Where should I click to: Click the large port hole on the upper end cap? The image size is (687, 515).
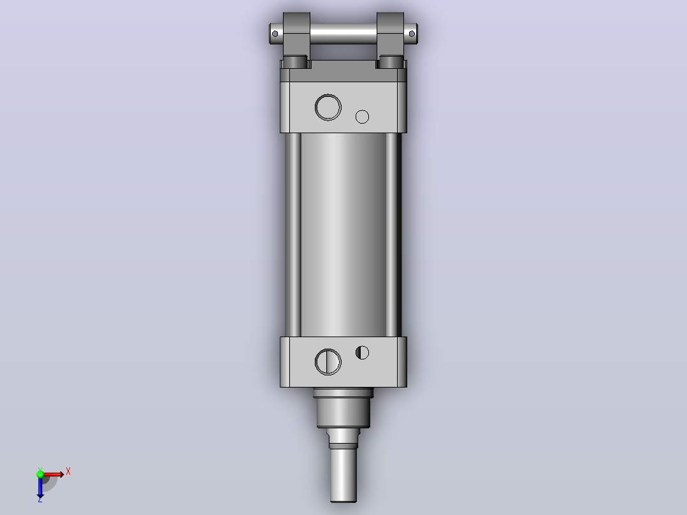[328, 107]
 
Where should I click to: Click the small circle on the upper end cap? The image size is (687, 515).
[363, 117]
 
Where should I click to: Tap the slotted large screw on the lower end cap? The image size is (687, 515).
[328, 362]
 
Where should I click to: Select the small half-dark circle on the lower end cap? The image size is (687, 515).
[363, 352]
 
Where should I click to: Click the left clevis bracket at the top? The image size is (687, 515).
[296, 40]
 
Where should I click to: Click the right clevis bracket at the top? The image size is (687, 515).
[390, 40]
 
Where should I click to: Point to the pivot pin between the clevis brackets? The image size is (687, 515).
[343, 34]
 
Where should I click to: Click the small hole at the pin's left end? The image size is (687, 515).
[275, 34]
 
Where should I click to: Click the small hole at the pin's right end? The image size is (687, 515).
[412, 34]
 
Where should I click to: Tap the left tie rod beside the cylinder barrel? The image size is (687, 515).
[293, 235]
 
